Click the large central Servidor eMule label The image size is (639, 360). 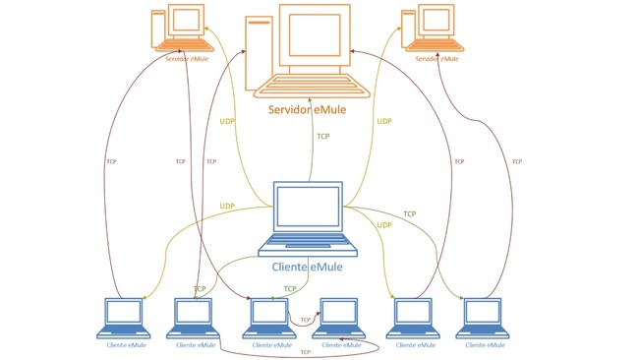pos(314,109)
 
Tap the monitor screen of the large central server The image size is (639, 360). pos(314,35)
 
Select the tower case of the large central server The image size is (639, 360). pos(259,49)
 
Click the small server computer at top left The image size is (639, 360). pos(182,27)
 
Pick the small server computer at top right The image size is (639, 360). pos(433,27)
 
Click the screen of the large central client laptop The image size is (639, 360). pos(308,208)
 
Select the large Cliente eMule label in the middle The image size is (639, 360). pos(307,266)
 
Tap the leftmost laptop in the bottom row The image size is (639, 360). pos(125,317)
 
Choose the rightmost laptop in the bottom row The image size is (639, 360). pos(484,317)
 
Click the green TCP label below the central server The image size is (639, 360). pos(323,137)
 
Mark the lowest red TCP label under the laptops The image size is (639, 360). pos(305,352)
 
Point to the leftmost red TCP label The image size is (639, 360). pos(110,161)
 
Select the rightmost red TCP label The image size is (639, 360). pos(517,161)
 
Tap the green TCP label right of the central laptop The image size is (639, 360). pos(409,213)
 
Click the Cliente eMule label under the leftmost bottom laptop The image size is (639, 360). pos(127,345)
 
